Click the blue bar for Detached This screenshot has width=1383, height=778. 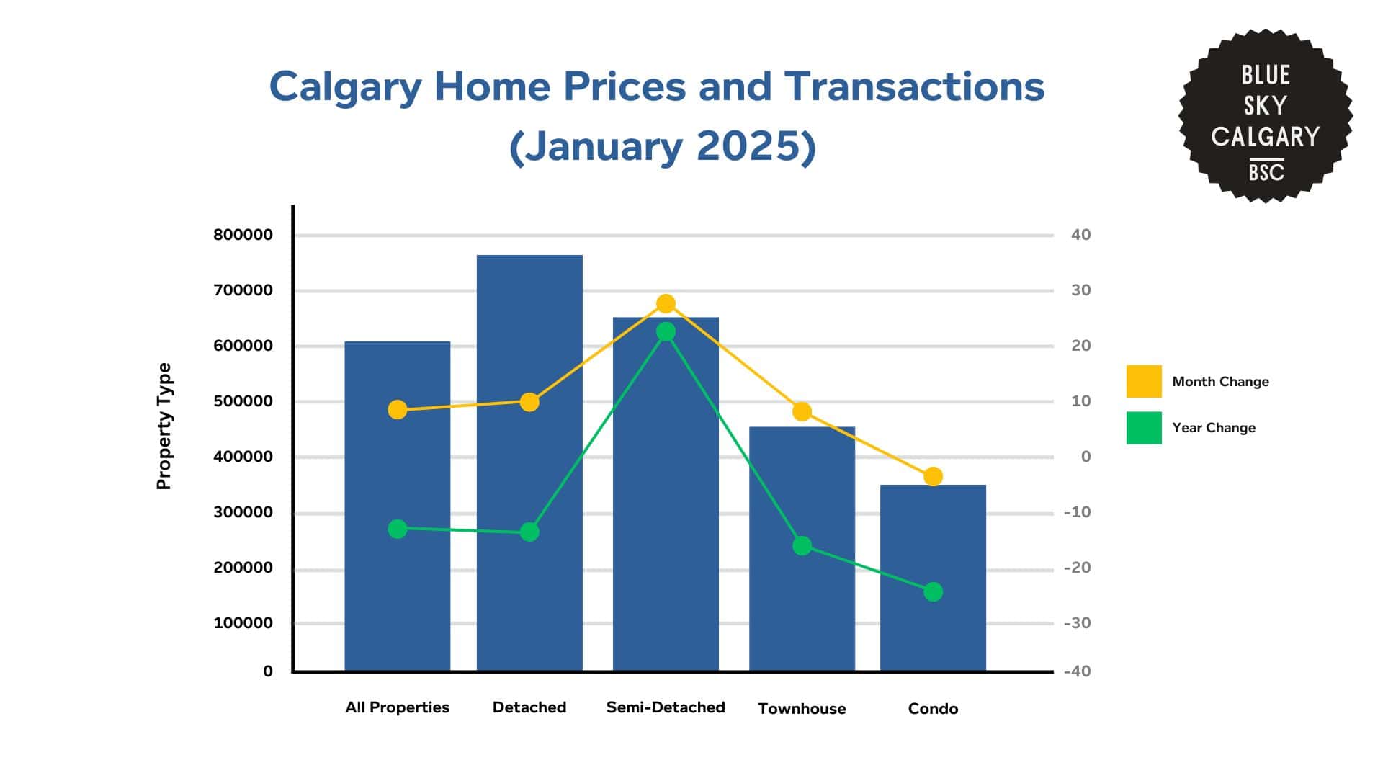pos(529,461)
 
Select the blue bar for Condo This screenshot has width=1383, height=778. pos(933,576)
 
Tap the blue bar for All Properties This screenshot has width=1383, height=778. pos(398,504)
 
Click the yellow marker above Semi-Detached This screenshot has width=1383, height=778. pos(666,304)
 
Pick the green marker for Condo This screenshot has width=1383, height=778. pos(933,592)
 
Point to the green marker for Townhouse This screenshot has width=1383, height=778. pos(802,546)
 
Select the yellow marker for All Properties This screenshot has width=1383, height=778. pos(398,410)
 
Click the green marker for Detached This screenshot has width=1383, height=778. pos(529,532)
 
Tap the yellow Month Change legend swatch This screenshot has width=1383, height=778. pos(1144,381)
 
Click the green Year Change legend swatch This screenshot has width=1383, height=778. pos(1144,427)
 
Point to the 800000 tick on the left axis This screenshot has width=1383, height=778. pos(243,235)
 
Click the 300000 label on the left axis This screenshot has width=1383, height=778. pos(243,512)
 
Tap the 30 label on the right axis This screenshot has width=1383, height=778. pos(1080,290)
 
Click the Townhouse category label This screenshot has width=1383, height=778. pos(802,709)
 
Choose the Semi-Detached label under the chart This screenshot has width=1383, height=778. pos(666,707)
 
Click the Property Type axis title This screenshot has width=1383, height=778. pos(164,426)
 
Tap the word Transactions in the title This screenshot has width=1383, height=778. pos(914,86)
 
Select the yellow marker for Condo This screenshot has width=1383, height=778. pos(933,477)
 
